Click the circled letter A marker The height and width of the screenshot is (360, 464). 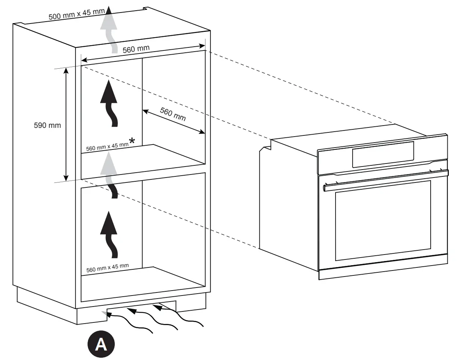pos(100,345)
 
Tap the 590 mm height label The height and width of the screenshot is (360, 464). pos(47,125)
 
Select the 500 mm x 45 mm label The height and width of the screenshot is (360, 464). pos(77,15)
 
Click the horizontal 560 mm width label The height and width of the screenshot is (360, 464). pos(136,49)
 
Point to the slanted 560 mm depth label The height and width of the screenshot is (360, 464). pos(173,113)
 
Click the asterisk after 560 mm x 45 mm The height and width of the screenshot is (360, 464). pos(132,141)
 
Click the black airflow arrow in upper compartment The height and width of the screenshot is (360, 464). pos(109,102)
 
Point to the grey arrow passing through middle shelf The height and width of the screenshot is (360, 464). pos(110,173)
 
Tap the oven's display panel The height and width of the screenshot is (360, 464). pos(382,154)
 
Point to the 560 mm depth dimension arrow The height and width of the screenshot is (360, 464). pos(174,122)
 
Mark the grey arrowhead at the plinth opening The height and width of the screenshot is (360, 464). pos(104,312)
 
